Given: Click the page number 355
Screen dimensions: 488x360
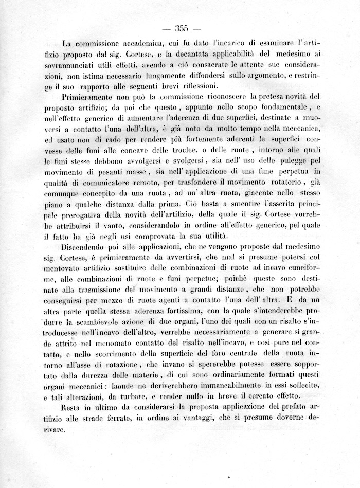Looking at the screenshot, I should click(x=183, y=28).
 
